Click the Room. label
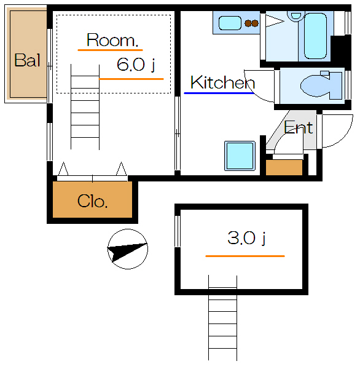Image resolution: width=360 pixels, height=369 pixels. [112, 41]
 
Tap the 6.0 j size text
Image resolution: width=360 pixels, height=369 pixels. [135, 65]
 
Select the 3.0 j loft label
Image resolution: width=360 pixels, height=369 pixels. [246, 239]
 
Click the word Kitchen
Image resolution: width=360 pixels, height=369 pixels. [222, 82]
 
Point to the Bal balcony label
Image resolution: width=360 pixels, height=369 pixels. [27, 60]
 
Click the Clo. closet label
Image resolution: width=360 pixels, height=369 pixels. [93, 201]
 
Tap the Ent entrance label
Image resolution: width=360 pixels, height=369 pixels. [299, 128]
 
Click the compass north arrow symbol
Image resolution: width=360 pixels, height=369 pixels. [127, 248]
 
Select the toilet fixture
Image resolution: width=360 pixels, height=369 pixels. [319, 85]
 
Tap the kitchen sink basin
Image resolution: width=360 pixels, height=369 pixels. [230, 23]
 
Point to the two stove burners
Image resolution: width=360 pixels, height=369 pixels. [251, 24]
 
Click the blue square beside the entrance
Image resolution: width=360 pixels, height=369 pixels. [238, 156]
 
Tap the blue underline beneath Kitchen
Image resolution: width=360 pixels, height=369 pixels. [218, 93]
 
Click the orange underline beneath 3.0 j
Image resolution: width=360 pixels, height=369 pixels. [245, 255]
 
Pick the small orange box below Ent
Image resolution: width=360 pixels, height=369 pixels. [284, 167]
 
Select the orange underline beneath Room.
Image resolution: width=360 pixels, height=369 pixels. [110, 50]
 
